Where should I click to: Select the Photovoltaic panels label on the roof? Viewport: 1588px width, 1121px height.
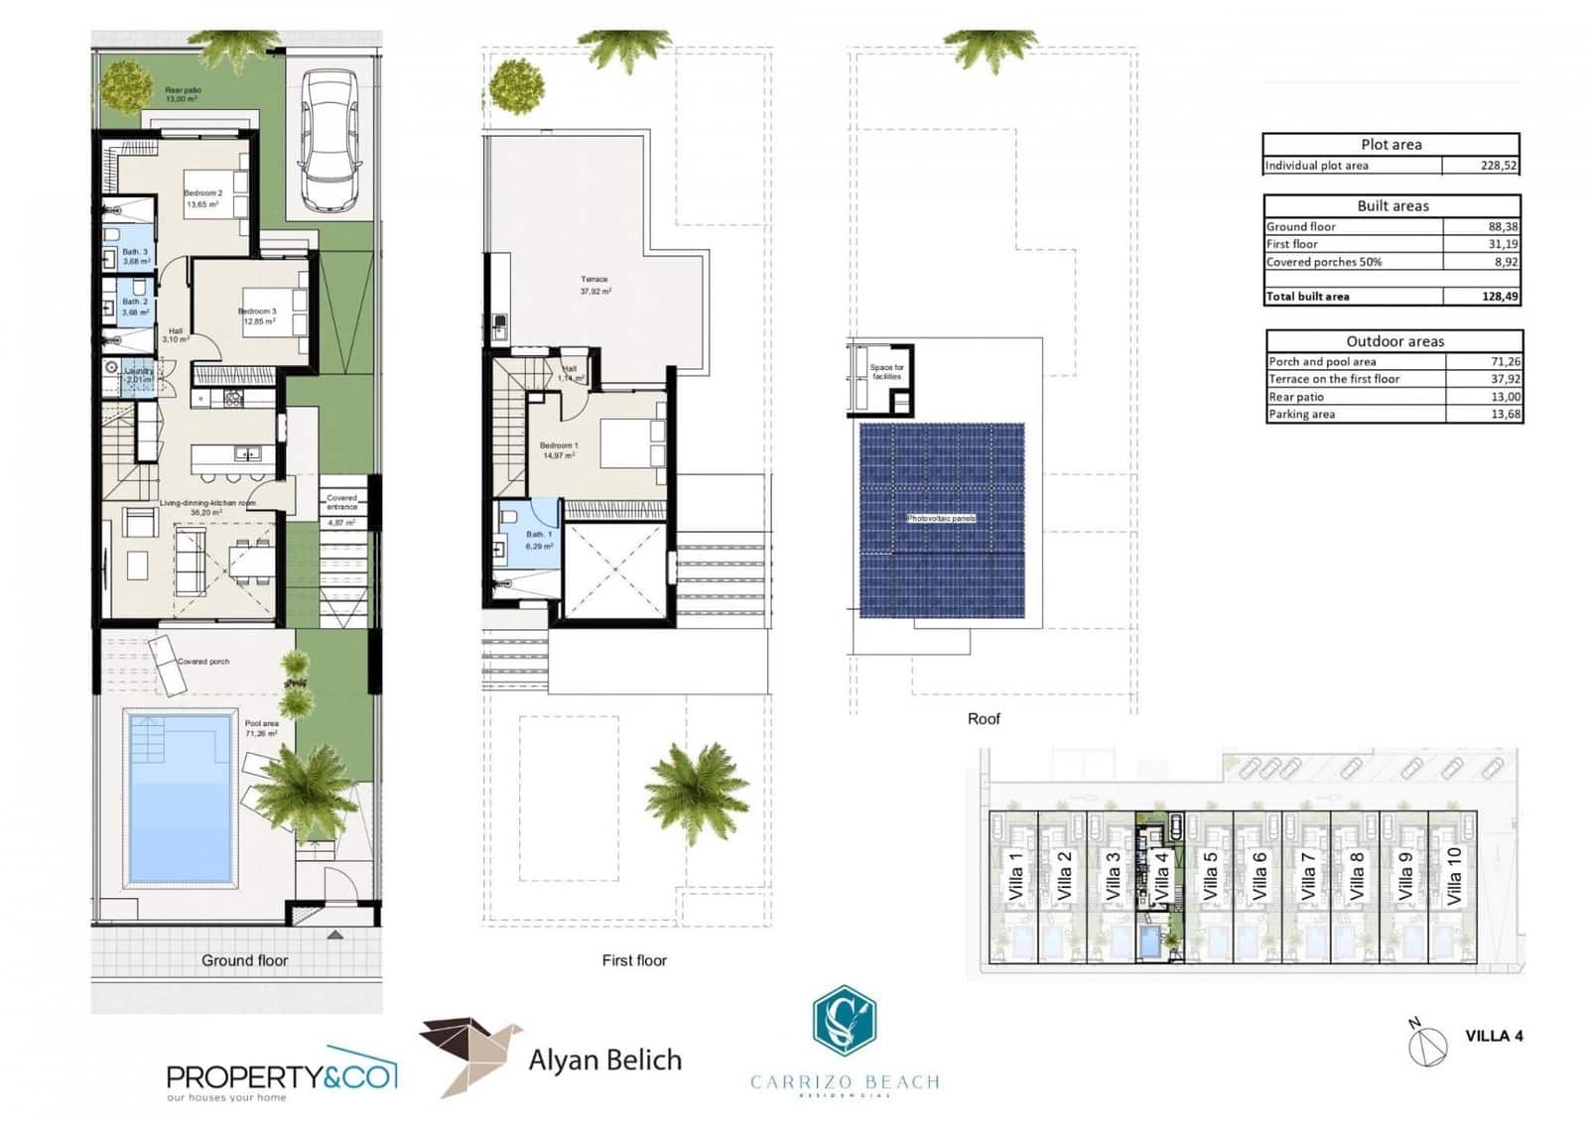(941, 519)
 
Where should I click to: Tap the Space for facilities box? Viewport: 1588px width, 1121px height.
(885, 372)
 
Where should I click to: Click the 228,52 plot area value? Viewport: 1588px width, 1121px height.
(1498, 166)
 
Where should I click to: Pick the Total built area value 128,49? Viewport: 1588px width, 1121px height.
(1498, 296)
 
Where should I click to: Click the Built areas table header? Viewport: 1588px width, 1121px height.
(1392, 206)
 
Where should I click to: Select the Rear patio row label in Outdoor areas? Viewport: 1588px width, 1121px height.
(1296, 397)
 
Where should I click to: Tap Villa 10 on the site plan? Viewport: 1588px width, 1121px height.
(1454, 876)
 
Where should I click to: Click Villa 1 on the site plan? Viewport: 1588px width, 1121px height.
(1015, 876)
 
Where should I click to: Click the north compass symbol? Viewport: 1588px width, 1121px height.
(1427, 1045)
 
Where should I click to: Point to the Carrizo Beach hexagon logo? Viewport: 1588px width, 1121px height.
(844, 1021)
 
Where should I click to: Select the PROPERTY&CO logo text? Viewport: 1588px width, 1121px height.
(280, 1076)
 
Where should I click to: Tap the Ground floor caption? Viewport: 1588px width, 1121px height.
(244, 960)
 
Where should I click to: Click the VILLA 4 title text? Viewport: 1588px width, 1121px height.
(1494, 1036)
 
